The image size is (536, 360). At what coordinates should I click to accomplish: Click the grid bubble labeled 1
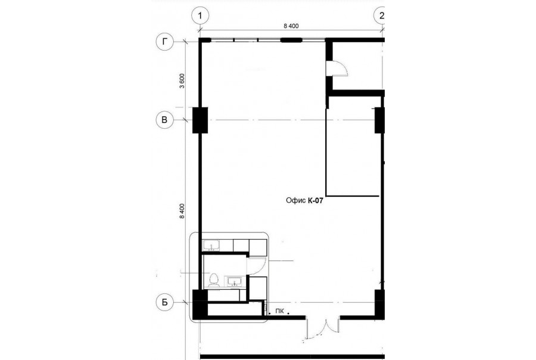[200, 15]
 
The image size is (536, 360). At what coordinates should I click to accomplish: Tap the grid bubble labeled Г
[165, 42]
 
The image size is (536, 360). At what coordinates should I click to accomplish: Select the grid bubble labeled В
[164, 120]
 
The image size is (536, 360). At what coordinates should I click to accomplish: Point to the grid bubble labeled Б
[165, 303]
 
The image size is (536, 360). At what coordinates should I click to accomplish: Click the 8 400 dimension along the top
[291, 26]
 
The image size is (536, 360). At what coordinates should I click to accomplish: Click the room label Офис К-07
[304, 200]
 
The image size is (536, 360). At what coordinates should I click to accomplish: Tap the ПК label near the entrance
[279, 311]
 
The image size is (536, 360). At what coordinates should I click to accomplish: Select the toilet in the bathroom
[214, 280]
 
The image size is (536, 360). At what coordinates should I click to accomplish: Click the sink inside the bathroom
[234, 281]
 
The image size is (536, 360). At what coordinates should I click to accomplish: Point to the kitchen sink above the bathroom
[212, 246]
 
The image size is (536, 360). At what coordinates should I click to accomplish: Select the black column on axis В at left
[200, 120]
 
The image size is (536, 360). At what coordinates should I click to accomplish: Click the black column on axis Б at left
[200, 305]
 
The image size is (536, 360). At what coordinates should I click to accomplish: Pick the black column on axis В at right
[380, 120]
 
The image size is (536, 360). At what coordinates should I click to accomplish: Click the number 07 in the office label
[319, 200]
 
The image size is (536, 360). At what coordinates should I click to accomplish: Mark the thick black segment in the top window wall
[291, 40]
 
